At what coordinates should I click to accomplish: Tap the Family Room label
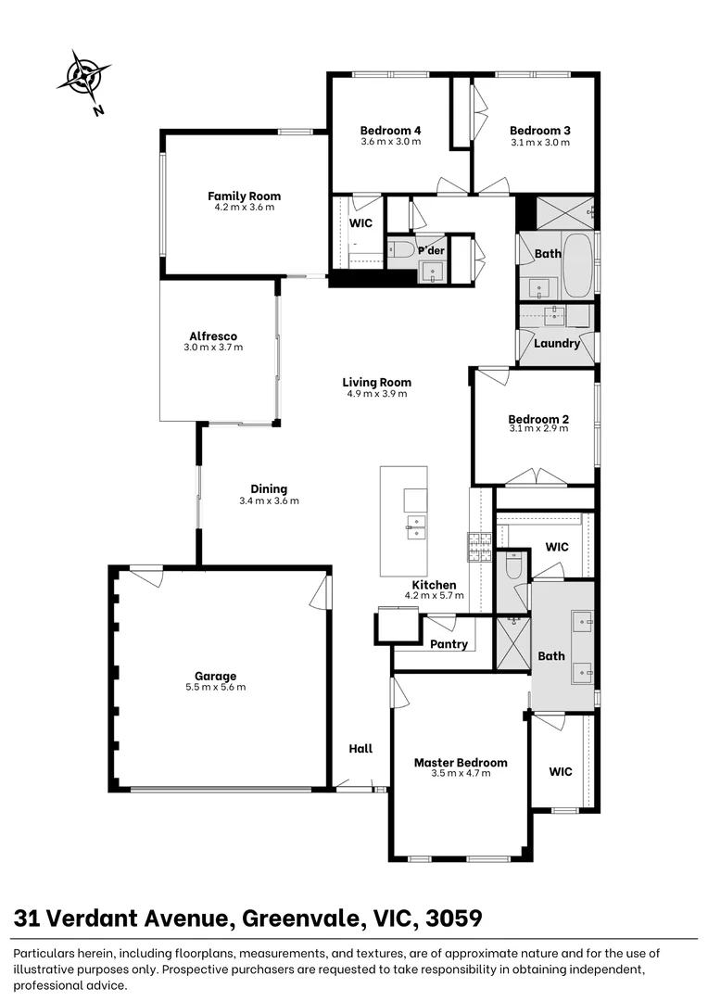coord(244,196)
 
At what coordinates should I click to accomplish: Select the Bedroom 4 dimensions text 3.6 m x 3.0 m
coord(390,142)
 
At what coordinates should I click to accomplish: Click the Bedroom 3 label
coord(539,131)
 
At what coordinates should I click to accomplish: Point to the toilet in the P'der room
coord(401,249)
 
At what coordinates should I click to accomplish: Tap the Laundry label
coord(557,343)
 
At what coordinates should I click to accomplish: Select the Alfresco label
coord(213,336)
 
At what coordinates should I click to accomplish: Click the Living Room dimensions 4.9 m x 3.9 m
coord(376,394)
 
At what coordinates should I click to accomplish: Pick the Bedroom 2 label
coord(538,419)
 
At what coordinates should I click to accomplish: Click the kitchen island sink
coord(414,526)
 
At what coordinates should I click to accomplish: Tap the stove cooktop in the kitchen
coord(479,548)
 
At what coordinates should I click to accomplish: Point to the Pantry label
coord(449,644)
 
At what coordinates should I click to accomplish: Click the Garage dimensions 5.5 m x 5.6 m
coord(215,687)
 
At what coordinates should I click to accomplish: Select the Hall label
coord(360,748)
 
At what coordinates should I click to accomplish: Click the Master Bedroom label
coord(461,762)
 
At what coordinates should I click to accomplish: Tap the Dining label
coord(269,488)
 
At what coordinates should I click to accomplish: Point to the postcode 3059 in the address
coord(453,919)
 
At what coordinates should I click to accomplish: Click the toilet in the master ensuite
coord(512,563)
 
